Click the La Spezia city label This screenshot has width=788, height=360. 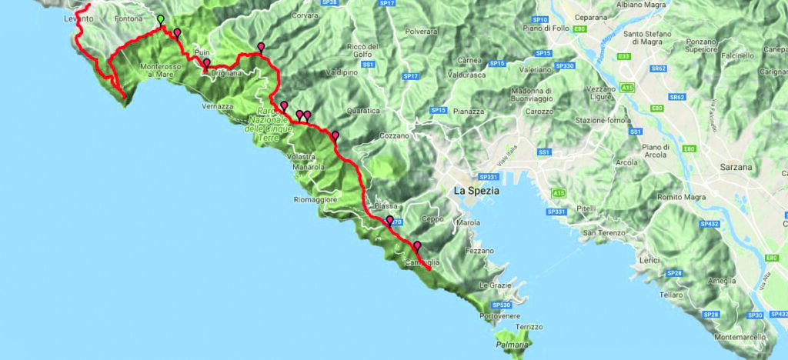477,190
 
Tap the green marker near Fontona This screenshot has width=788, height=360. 160,20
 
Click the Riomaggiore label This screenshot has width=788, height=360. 316,199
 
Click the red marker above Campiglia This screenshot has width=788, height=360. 417,247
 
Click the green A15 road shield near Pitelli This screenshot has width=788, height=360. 557,192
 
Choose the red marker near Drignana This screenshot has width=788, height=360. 206,64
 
